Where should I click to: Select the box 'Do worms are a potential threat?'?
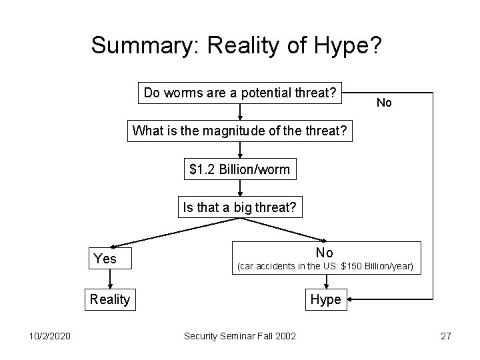pos(239,93)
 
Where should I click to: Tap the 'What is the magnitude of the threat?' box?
pos(239,131)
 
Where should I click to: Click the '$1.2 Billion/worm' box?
pos(239,169)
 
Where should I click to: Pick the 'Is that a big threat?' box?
pos(239,208)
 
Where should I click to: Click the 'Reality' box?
pos(109,299)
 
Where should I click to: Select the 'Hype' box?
pos(325,299)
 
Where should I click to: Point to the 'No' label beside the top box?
pos(384,103)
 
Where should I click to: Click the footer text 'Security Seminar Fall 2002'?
pos(239,336)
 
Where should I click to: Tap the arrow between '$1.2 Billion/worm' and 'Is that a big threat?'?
pos(239,189)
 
